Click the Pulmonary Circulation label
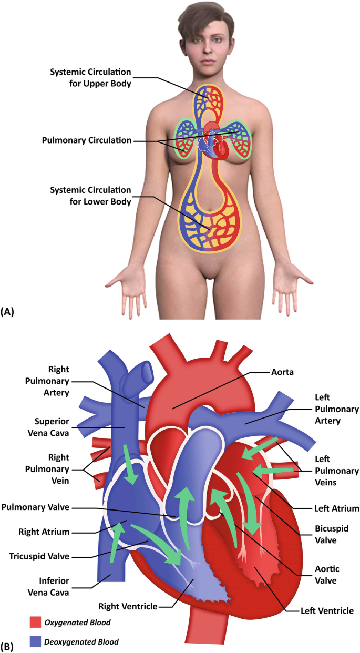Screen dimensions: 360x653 point(87,140)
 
